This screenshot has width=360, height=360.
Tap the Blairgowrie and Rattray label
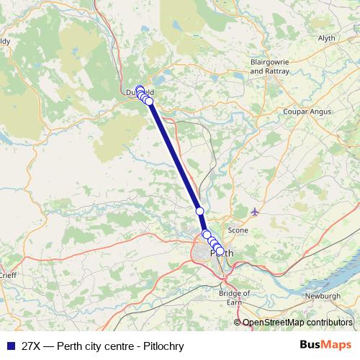(268, 67)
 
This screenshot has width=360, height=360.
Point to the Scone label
(238, 230)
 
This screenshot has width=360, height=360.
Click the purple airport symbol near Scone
(255, 211)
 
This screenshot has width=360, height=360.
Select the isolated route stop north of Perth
(200, 210)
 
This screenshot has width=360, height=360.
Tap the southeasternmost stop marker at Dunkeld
(149, 102)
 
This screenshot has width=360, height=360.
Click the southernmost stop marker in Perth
(220, 252)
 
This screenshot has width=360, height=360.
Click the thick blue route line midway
(175, 157)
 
